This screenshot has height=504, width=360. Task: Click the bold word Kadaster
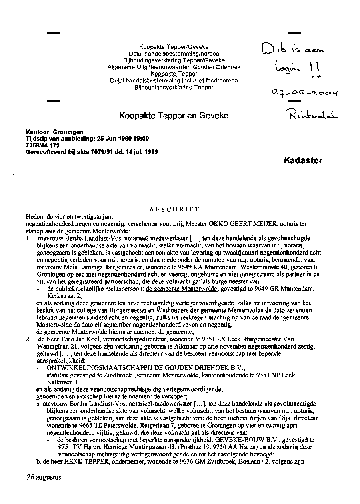click(303, 161)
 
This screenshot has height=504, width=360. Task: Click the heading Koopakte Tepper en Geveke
click(174, 116)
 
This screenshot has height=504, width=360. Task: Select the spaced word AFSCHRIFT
click(174, 209)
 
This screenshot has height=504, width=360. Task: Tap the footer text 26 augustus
click(44, 477)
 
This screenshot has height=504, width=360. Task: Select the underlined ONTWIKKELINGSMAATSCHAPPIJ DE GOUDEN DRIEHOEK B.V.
click(146, 368)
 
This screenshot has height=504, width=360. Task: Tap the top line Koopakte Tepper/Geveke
click(174, 47)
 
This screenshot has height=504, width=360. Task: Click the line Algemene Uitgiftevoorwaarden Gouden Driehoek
click(174, 67)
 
